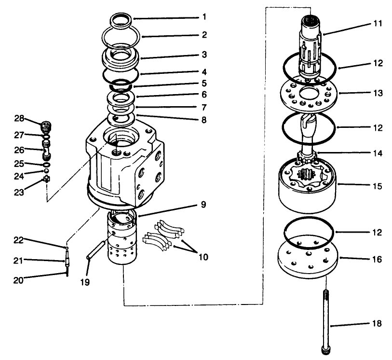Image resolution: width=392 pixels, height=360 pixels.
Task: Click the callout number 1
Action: click(x=204, y=17)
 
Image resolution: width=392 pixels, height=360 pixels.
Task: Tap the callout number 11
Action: click(x=377, y=24)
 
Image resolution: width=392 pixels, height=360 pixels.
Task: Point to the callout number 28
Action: click(x=18, y=119)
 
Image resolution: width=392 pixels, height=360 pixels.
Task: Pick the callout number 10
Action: click(x=203, y=257)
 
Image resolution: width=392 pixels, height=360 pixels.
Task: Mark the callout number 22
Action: click(x=18, y=240)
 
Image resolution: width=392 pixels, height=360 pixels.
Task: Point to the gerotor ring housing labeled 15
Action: click(x=309, y=188)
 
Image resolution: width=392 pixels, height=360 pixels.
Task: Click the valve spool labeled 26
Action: click(x=46, y=153)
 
